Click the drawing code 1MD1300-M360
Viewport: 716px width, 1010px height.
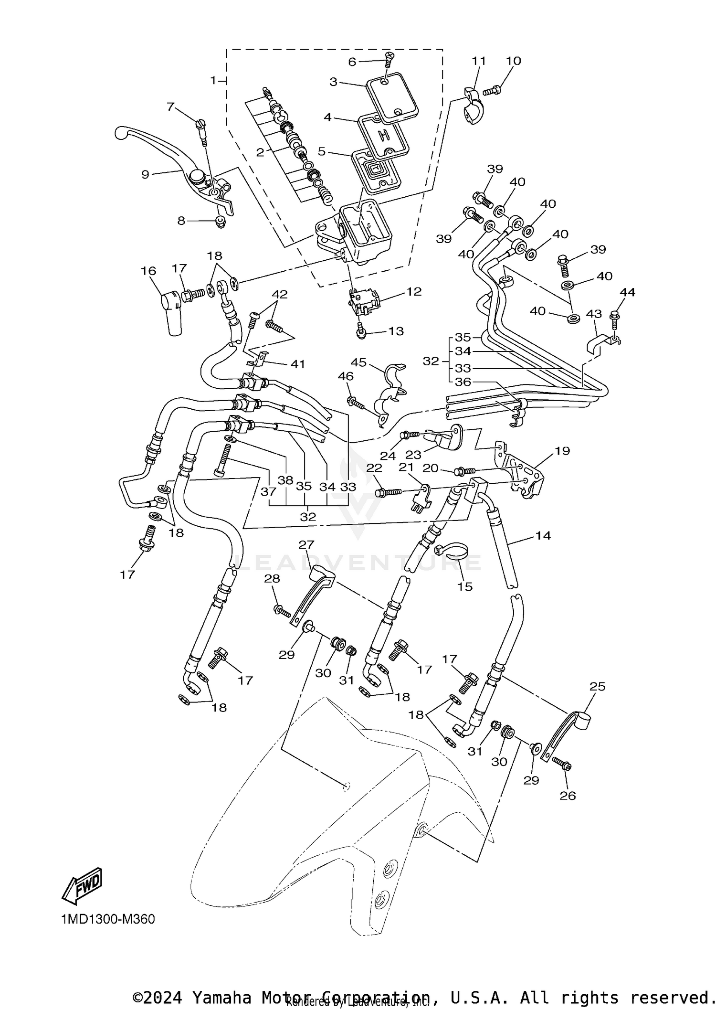108,919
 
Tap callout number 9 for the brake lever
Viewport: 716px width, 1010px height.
145,174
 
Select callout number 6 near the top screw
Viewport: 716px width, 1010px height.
352,62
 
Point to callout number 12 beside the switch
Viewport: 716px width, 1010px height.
414,291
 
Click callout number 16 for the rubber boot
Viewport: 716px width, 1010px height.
148,271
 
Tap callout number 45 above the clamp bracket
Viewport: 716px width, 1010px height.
358,362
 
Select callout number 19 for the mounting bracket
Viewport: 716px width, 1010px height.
562,451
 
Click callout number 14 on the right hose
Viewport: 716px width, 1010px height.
543,535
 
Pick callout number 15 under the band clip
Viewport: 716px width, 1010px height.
464,586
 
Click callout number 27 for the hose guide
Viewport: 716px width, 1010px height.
306,545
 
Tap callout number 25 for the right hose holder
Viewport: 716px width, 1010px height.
597,686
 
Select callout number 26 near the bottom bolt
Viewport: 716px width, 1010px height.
568,796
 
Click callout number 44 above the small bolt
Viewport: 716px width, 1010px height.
627,292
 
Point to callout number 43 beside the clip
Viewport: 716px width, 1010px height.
594,314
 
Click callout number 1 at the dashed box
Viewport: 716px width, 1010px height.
214,80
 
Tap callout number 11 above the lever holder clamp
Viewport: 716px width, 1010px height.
479,61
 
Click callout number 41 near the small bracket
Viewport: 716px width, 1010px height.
298,364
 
